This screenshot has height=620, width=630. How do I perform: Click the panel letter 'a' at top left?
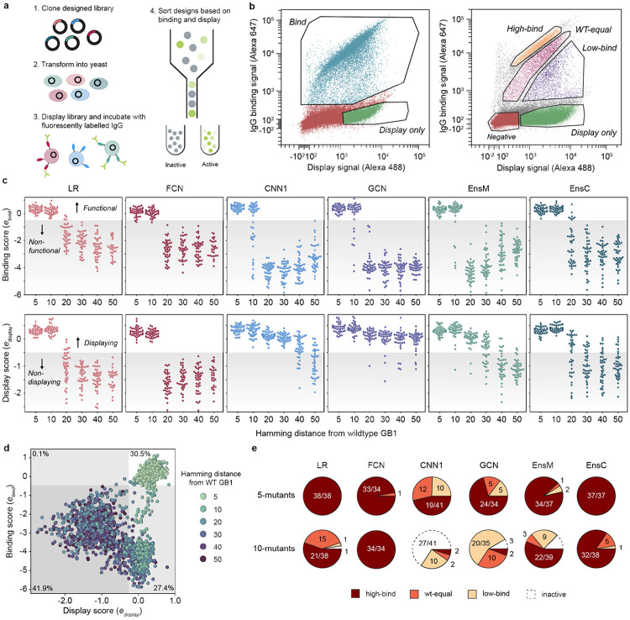pyautogui.click(x=7, y=6)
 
